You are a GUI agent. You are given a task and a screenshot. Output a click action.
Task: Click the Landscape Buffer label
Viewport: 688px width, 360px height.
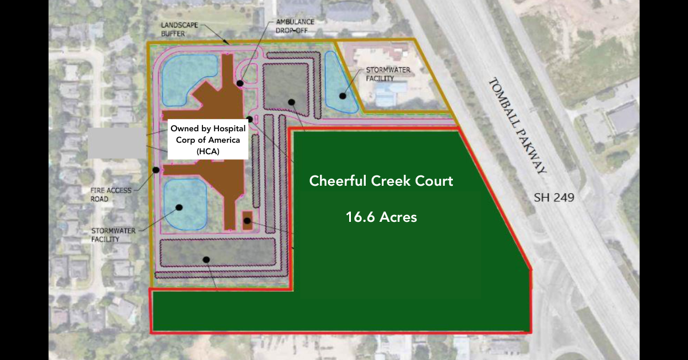point(179,29)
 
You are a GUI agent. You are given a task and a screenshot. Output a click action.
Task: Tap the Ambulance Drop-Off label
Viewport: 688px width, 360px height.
point(295,26)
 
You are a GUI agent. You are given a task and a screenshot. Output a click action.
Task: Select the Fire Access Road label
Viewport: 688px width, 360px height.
point(111,195)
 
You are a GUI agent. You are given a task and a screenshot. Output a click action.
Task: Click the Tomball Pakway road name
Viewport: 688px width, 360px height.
point(518,126)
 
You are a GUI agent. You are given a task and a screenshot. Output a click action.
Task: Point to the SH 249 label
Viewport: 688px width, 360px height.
point(554,198)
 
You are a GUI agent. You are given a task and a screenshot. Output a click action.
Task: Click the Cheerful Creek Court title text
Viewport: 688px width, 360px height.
point(381,181)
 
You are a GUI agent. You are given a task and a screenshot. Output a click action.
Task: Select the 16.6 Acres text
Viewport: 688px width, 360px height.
point(381,217)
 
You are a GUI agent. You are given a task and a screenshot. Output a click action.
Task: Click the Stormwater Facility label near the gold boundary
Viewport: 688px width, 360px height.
point(388,74)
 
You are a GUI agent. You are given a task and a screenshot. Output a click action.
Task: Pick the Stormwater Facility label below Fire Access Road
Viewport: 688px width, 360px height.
point(114,234)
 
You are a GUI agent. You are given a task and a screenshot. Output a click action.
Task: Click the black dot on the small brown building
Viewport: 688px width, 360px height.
point(247,221)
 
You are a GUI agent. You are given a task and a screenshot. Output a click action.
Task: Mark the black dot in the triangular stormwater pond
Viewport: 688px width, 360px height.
point(343,96)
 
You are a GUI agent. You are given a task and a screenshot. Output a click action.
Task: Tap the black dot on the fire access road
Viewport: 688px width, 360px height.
point(156,170)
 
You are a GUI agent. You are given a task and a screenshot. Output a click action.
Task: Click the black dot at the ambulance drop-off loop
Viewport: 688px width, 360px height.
point(240,83)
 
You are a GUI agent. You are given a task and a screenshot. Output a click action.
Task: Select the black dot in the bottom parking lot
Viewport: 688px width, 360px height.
point(206,260)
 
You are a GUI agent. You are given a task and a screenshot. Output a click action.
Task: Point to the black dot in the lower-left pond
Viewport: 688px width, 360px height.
point(179,208)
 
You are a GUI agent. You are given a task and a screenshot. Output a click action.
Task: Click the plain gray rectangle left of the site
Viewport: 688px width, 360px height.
point(117,143)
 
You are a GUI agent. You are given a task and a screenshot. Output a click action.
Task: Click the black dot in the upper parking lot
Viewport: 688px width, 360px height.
point(291,102)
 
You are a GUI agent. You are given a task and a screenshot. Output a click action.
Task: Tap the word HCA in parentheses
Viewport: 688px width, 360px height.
point(208,151)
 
